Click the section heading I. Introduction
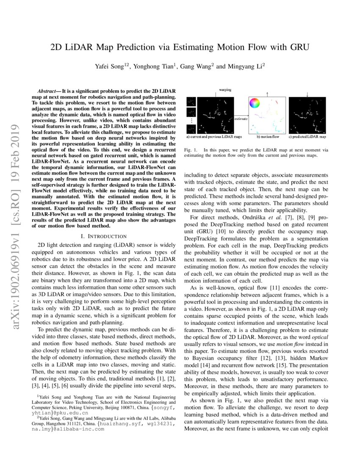[x=103, y=236]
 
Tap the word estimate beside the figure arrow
[x=241, y=119]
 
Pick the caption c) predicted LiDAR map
[x=307, y=137]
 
